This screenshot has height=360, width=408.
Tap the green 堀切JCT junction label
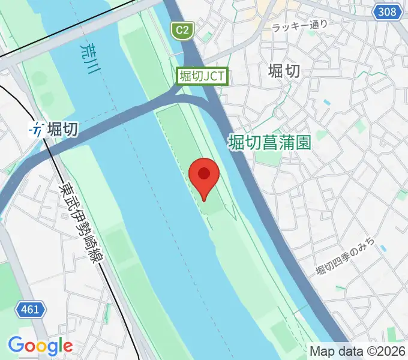202,76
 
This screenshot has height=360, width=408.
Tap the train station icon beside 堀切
38,128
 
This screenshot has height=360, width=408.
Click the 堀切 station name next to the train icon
62,128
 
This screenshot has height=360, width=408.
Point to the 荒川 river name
88,57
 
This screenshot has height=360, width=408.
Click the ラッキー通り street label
299,26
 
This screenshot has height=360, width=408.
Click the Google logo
40,346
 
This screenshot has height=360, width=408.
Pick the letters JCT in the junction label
214,76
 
